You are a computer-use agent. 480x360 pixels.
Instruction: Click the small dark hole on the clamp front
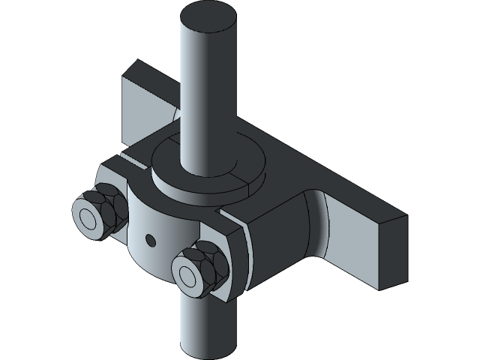coord(151,240)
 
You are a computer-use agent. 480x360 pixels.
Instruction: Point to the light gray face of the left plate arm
coord(142,112)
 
